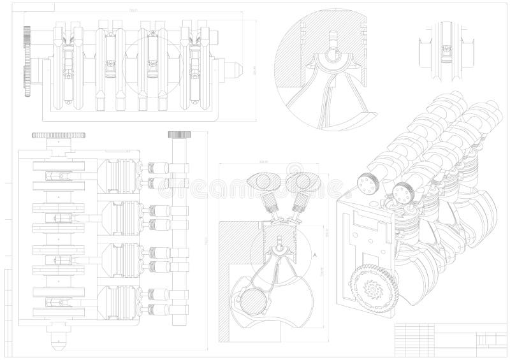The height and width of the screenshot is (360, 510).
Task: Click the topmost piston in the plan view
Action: click(x=119, y=175)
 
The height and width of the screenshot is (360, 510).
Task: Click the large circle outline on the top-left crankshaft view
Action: click(x=148, y=62)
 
